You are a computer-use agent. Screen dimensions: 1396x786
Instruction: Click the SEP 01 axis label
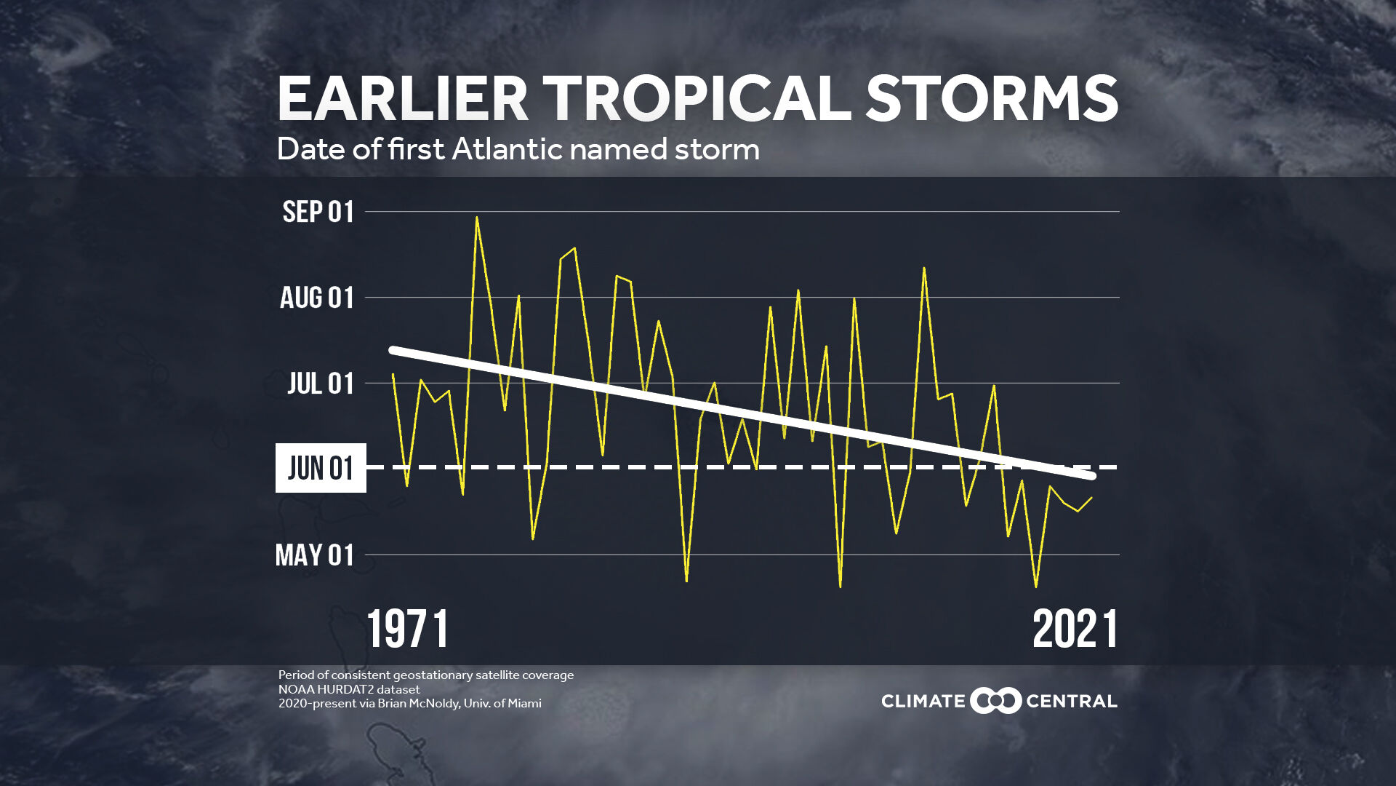click(x=318, y=212)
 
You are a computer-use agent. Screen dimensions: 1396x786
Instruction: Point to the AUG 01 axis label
click(x=317, y=298)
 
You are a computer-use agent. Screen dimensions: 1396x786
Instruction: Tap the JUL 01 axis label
click(x=320, y=384)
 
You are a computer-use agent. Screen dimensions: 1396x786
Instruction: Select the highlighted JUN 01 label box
click(x=321, y=468)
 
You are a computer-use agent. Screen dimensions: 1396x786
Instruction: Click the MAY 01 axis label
click(x=315, y=555)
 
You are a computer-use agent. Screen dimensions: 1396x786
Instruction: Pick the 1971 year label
click(x=408, y=630)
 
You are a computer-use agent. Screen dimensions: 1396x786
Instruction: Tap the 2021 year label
click(x=1075, y=630)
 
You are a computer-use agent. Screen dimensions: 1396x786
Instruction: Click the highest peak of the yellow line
click(x=477, y=217)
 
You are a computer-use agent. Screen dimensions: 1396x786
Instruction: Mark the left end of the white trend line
click(x=393, y=350)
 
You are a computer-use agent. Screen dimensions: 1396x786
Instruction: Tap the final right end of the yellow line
click(x=1091, y=498)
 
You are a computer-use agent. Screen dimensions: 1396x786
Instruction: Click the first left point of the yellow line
click(x=393, y=374)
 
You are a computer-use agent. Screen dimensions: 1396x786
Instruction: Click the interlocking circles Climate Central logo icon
click(x=996, y=701)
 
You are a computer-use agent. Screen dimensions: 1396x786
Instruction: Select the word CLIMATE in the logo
click(x=923, y=702)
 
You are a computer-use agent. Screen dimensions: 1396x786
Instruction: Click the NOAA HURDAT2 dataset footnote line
click(x=349, y=689)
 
